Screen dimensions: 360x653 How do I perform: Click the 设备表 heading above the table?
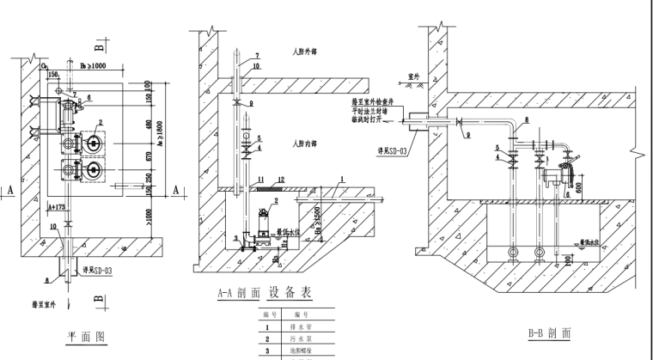pos(290,292)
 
